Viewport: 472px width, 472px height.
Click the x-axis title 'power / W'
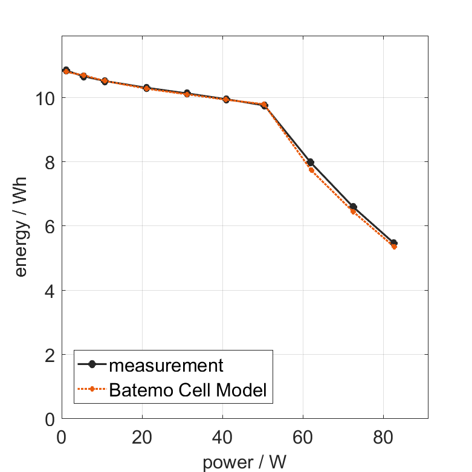(244, 462)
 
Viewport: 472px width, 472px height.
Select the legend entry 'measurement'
(166, 365)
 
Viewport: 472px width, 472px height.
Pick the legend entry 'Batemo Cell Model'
(188, 390)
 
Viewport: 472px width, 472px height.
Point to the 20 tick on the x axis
(142, 437)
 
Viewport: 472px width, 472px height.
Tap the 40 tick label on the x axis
(222, 437)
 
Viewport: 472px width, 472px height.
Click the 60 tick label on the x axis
(303, 437)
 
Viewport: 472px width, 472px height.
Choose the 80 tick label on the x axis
(383, 437)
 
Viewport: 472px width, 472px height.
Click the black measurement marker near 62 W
(311, 162)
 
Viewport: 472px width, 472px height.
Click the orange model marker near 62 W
(311, 170)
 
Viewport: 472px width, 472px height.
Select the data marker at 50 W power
(264, 105)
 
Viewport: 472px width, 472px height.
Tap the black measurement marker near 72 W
(354, 207)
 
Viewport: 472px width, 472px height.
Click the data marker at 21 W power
(146, 88)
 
